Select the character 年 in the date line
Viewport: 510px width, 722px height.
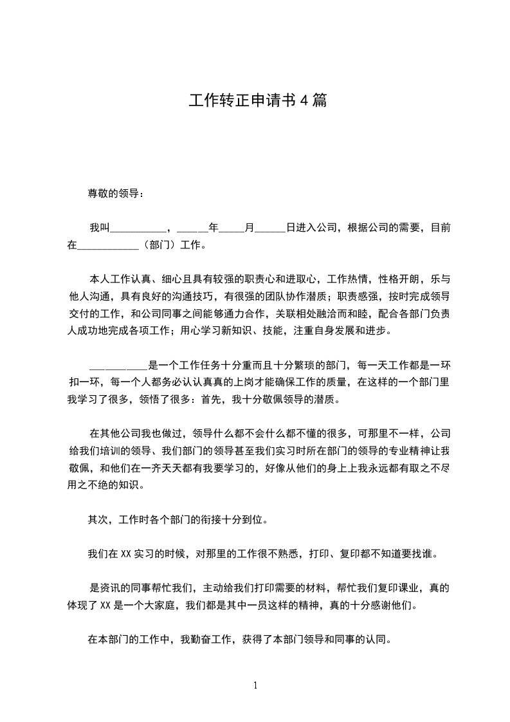tap(214, 228)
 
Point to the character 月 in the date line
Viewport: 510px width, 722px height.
tap(250, 228)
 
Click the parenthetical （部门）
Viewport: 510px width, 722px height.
tap(158, 245)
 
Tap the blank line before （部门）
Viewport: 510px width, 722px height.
tap(107, 245)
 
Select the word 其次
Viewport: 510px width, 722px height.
tap(96, 519)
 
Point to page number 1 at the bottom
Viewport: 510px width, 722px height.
tap(255, 686)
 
